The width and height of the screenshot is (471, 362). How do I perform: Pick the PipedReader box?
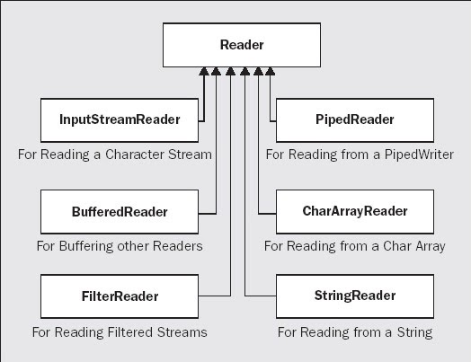(x=356, y=119)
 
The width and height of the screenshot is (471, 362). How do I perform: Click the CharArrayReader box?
(x=356, y=212)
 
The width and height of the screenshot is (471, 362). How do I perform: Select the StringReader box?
(x=356, y=296)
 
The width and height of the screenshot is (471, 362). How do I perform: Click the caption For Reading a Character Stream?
(x=114, y=154)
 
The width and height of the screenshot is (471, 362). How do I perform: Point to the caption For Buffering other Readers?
(x=119, y=246)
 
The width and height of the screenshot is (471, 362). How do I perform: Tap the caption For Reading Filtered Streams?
(x=120, y=332)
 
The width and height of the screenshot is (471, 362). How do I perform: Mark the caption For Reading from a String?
(x=355, y=332)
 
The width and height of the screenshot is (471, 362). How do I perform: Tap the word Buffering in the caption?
(x=90, y=246)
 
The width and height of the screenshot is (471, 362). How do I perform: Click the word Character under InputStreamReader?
(x=134, y=154)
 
